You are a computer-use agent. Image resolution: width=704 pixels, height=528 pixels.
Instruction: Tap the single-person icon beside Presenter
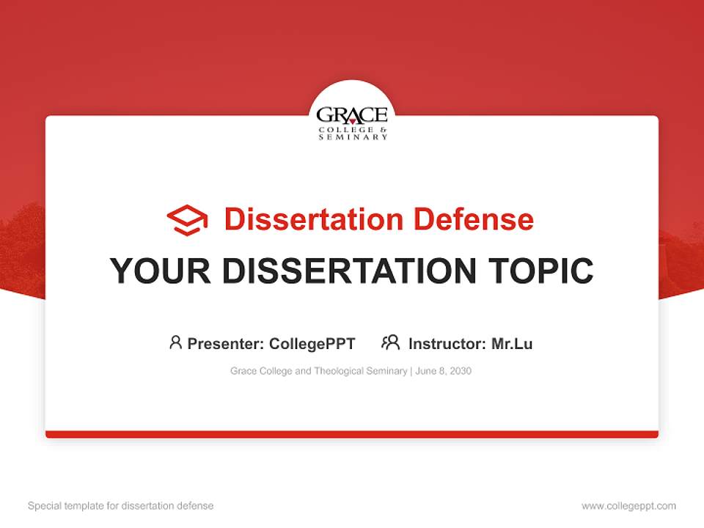175,342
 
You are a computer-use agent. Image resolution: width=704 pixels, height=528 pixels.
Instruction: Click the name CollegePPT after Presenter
312,343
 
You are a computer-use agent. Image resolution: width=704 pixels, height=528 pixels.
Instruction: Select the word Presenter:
226,343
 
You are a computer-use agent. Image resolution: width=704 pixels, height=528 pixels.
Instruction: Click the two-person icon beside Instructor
391,342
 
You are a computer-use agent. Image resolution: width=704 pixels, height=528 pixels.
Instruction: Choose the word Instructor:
447,343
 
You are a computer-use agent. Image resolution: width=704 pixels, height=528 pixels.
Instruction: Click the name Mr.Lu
512,343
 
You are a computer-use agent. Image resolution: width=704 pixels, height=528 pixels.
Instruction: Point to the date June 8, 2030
443,371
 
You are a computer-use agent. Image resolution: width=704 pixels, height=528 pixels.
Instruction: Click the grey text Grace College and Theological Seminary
318,371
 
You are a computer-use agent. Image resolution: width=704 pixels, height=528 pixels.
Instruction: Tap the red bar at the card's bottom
352,434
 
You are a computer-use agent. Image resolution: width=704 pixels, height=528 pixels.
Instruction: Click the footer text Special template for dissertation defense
121,506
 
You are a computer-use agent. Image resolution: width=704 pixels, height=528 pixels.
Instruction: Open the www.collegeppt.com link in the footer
628,506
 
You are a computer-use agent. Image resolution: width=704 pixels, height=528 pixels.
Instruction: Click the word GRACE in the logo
352,116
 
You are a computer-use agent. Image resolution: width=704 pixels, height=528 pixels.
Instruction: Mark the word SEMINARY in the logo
353,137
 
